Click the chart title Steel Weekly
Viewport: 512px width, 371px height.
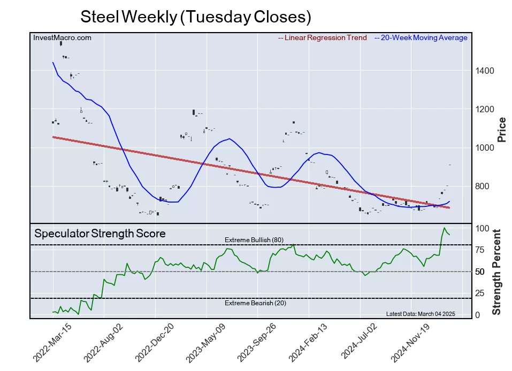[x=195, y=17]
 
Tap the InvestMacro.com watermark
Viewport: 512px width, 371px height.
[x=62, y=37]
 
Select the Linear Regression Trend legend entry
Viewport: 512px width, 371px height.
[x=323, y=38]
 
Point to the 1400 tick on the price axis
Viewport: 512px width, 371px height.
[x=485, y=71]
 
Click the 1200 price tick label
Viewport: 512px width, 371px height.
[x=485, y=109]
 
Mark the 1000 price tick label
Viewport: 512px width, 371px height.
[x=485, y=148]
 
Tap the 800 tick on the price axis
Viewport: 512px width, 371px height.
[x=483, y=187]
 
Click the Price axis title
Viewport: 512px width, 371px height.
[x=502, y=129]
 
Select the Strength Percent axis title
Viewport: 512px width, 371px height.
[x=497, y=272]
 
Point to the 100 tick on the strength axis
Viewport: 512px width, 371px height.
[x=482, y=228]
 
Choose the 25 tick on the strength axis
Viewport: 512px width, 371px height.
[x=480, y=293]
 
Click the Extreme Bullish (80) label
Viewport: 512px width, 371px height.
[x=254, y=240]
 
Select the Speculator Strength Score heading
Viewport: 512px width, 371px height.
[x=100, y=234]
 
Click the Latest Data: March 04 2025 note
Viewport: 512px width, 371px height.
[x=420, y=314]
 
